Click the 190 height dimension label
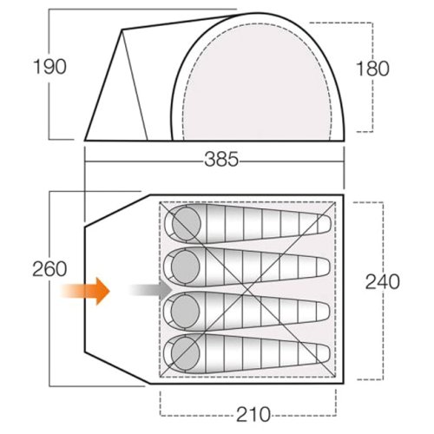[49, 67]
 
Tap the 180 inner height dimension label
[372, 69]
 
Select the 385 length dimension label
[221, 160]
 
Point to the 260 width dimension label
[49, 269]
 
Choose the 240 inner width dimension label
[383, 282]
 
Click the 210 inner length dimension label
[253, 415]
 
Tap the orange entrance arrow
[85, 291]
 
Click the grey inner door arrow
[150, 289]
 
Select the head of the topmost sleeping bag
[186, 224]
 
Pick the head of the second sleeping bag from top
[186, 266]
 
